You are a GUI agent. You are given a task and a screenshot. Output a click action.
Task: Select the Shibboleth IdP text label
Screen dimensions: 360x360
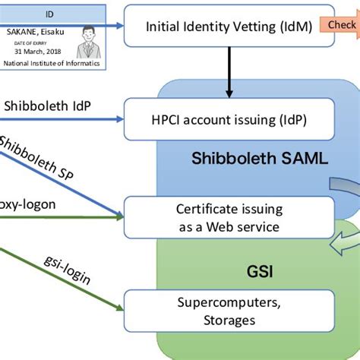48,107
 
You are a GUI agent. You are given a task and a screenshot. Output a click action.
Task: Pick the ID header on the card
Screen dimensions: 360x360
50,13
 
